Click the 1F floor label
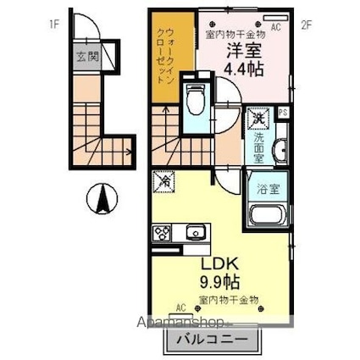click(x=55, y=25)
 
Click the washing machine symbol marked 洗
click(x=256, y=119)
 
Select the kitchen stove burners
click(x=161, y=233)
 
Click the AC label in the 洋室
click(x=275, y=26)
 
